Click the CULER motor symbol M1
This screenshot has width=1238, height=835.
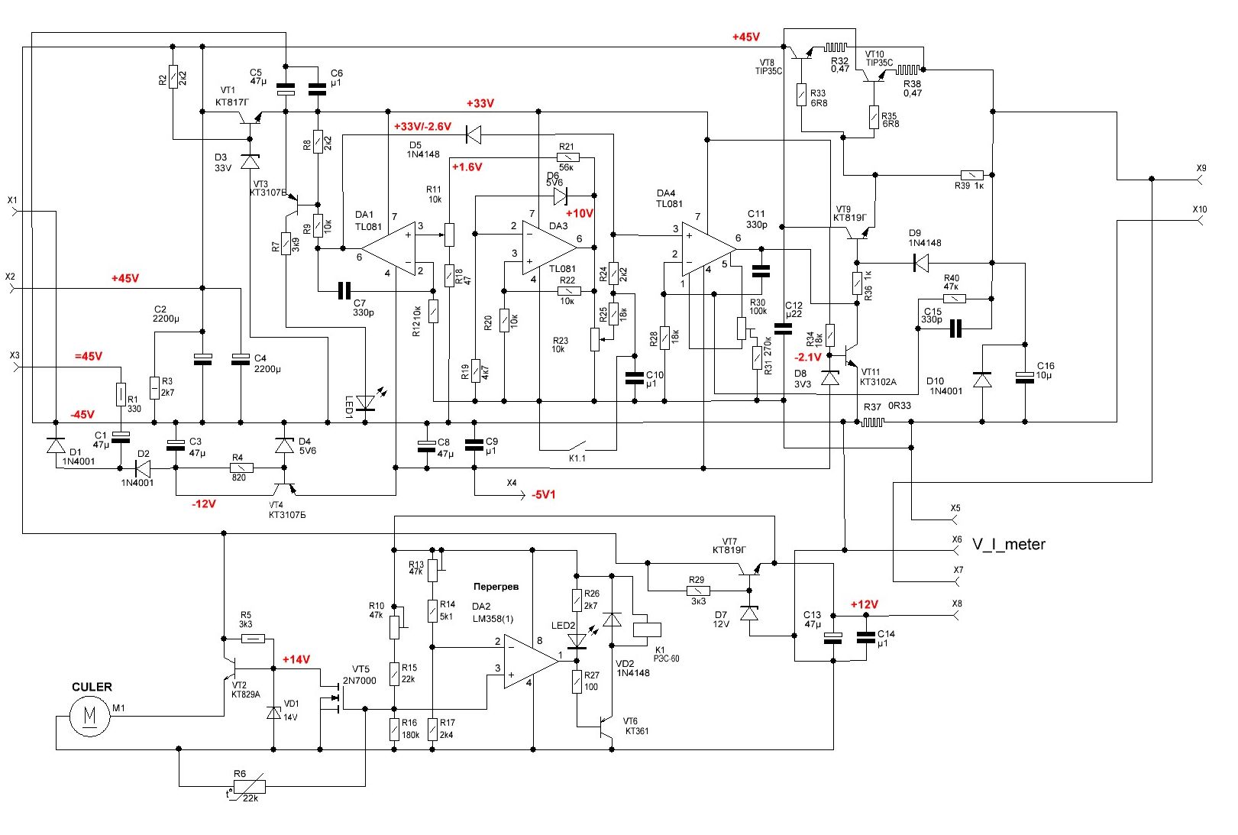tap(89, 717)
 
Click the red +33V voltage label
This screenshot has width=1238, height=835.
tap(480, 103)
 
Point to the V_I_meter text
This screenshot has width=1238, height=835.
tap(1008, 544)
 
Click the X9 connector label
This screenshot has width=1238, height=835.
tap(1201, 168)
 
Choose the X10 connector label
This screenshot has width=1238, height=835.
tap(1200, 209)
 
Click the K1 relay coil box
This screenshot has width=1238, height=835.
tap(648, 629)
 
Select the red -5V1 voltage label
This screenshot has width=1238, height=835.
tap(543, 495)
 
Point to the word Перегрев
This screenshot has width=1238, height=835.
tap(496, 587)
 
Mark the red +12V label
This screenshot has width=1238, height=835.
tap(865, 604)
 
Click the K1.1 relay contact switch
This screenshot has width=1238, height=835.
tap(577, 445)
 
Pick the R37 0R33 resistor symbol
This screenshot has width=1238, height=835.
tap(872, 422)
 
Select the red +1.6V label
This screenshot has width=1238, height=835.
tap(467, 167)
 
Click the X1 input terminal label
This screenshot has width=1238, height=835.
tap(12, 200)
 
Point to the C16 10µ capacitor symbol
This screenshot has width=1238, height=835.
tap(1024, 377)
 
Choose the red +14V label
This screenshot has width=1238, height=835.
tap(296, 659)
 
